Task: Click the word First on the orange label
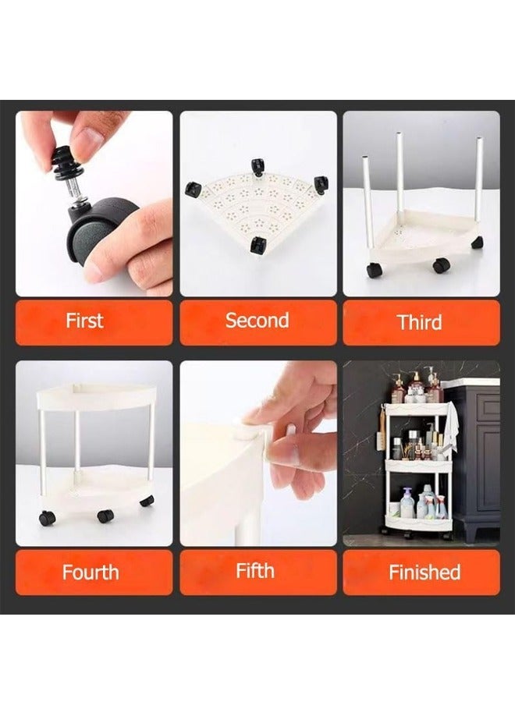point(84,321)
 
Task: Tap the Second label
point(257,321)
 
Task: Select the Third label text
point(420,322)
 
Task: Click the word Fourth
point(91,573)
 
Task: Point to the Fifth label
point(255,571)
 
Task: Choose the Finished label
point(424,573)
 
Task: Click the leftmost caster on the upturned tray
point(192,189)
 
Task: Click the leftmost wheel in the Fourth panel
point(48,518)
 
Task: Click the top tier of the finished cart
point(416,408)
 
